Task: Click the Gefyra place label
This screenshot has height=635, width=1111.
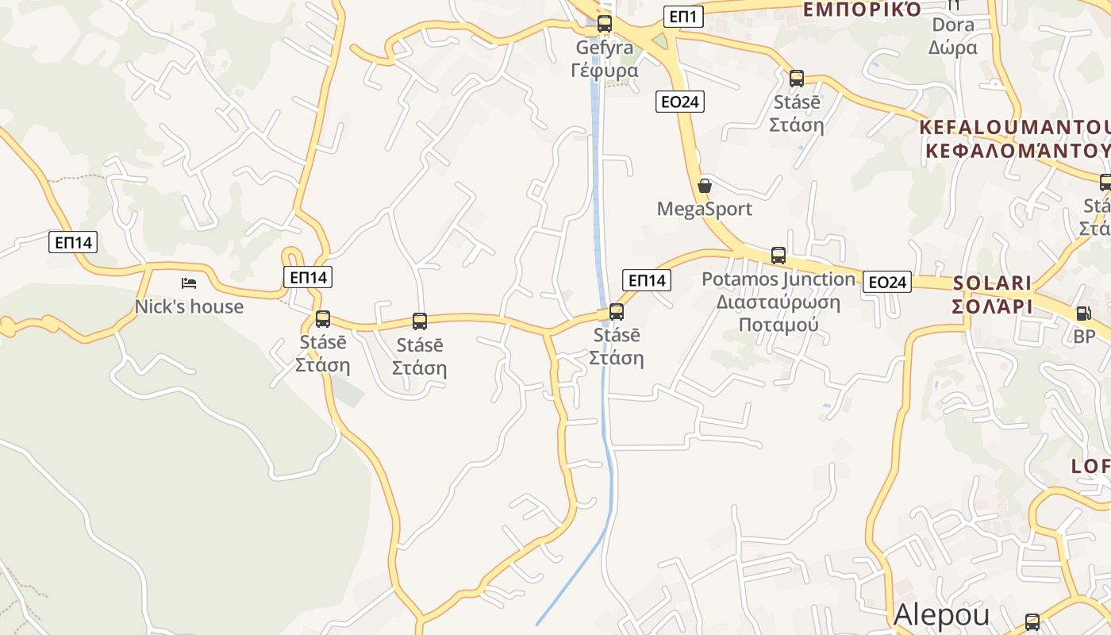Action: (x=604, y=48)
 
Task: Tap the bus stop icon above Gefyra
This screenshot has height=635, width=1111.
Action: (x=605, y=24)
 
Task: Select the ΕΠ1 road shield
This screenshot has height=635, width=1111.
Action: (x=683, y=16)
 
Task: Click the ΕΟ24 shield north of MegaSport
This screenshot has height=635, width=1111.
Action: (x=680, y=102)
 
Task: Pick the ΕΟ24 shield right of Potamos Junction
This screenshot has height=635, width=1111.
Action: (x=887, y=282)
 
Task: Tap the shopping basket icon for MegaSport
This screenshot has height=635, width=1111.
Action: (x=704, y=187)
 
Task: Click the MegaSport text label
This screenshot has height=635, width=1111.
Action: (x=704, y=210)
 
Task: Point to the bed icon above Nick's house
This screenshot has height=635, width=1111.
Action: (x=188, y=283)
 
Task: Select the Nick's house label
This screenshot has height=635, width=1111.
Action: (x=189, y=306)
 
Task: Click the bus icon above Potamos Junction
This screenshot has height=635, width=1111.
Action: (x=778, y=256)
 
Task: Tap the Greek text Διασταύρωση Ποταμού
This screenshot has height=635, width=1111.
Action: (x=778, y=314)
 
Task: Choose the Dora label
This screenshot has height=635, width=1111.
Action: (x=952, y=25)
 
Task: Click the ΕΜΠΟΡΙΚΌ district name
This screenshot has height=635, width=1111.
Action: (x=862, y=10)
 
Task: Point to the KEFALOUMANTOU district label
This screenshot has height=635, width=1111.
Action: (x=1014, y=128)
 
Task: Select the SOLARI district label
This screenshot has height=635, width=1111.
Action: (x=992, y=283)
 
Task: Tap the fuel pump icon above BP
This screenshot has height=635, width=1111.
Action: (x=1083, y=314)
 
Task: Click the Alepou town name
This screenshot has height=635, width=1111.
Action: (x=941, y=615)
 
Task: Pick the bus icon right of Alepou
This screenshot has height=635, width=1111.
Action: (x=1032, y=622)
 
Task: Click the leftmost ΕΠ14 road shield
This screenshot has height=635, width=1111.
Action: (x=73, y=242)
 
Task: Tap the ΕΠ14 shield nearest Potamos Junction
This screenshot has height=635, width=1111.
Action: (x=648, y=279)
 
